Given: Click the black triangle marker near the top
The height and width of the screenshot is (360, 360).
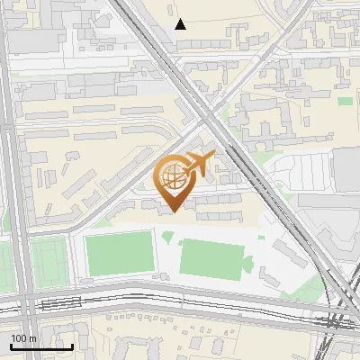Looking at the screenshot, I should tap(181, 24).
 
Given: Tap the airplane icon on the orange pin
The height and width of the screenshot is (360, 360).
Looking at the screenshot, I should tap(197, 165).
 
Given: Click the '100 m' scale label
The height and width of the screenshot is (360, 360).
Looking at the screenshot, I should tap(23, 337).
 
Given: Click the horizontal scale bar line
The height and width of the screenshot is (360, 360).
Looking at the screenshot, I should tap(41, 346).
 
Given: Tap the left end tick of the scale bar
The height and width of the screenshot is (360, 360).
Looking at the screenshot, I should tap(11, 345).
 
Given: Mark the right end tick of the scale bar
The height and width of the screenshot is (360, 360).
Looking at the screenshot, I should tap(72, 345).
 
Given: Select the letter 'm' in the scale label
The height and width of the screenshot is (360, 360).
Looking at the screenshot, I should tap(32, 337).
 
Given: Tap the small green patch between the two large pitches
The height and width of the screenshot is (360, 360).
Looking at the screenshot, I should tap(167, 238).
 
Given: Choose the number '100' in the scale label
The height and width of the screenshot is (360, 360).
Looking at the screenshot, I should tap(19, 337).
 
